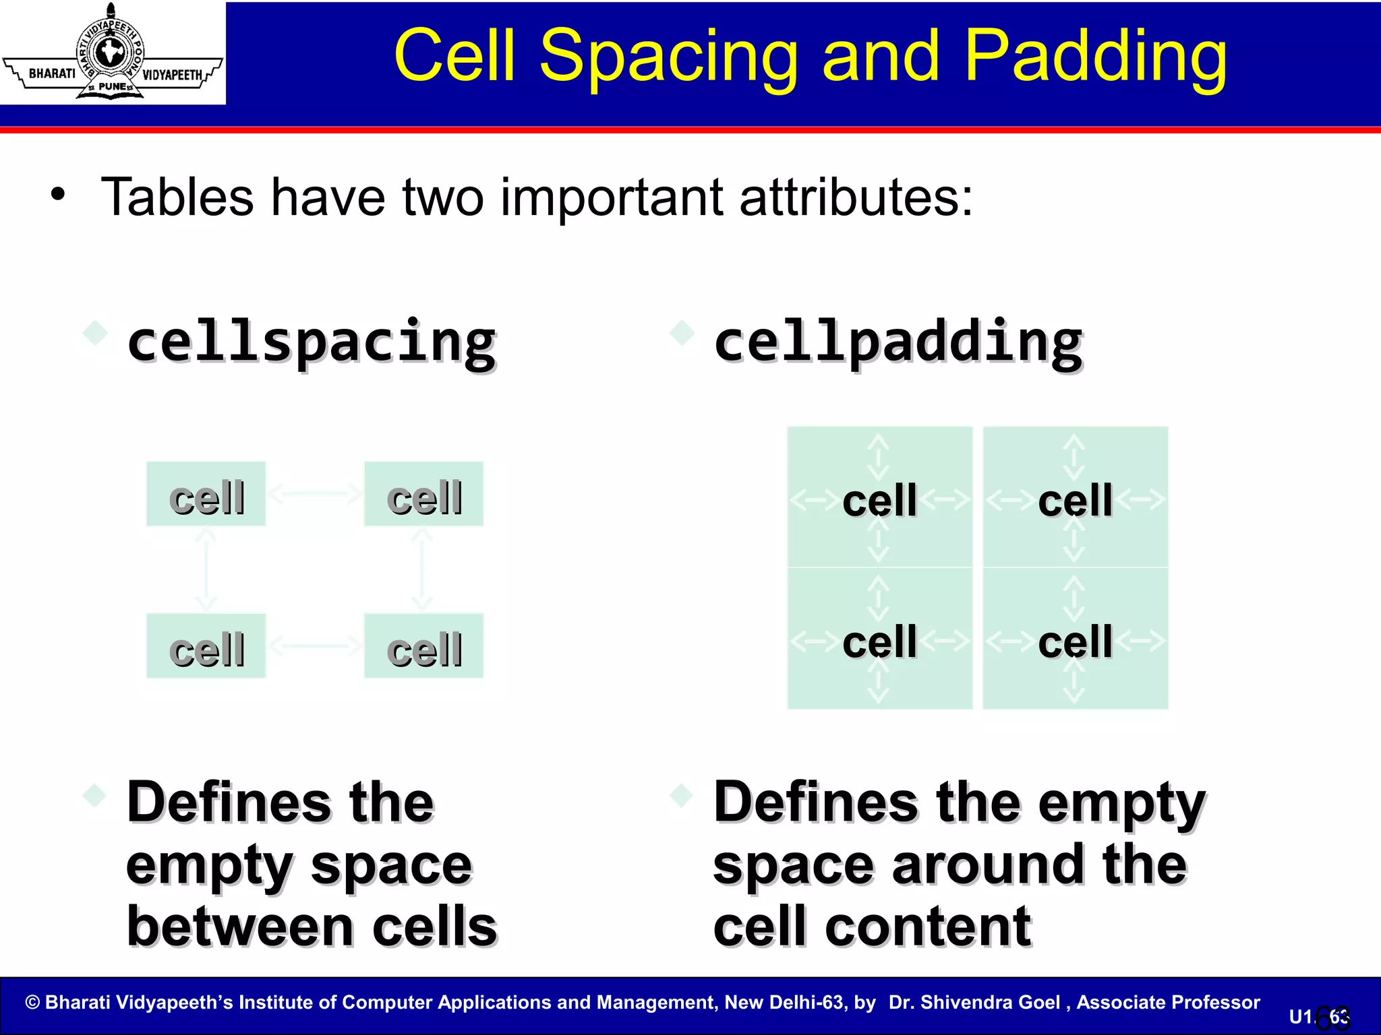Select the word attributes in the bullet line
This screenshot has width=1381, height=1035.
point(856,197)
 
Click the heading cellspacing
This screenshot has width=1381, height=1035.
point(312,342)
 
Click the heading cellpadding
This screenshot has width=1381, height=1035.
point(898,342)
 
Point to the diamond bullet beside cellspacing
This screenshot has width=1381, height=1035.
point(95,332)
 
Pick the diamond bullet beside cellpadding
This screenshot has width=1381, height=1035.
point(682,332)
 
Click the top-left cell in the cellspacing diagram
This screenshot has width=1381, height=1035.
point(206,495)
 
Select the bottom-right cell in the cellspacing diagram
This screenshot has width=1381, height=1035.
point(424,647)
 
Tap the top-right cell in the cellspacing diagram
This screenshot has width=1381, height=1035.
point(424,495)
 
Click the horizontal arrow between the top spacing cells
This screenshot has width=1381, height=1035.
point(315,494)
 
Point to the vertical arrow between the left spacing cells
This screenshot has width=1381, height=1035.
point(206,570)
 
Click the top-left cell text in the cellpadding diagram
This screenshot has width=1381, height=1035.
point(879,501)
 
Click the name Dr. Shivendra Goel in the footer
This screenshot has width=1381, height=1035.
point(974,1002)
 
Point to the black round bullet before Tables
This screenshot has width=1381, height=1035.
point(59,195)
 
